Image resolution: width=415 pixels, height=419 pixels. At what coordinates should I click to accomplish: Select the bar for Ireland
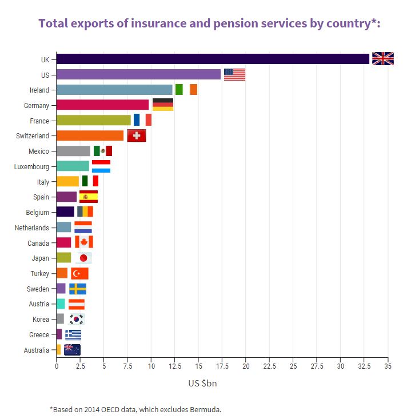click(x=114, y=90)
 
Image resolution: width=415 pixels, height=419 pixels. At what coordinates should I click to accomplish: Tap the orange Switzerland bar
click(x=90, y=135)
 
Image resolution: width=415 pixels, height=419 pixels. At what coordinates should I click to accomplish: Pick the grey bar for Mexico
click(x=73, y=151)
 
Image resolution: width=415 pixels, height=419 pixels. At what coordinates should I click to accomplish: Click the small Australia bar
click(x=58, y=349)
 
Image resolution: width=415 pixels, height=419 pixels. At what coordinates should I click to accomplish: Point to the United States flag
click(x=234, y=74)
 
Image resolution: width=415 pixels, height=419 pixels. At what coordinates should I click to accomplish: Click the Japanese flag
click(x=83, y=258)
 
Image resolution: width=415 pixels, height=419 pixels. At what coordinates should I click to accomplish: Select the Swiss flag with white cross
click(x=136, y=135)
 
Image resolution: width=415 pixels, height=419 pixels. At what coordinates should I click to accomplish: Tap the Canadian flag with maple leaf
click(x=83, y=242)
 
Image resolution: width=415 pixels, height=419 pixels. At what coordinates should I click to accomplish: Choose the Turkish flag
click(x=79, y=273)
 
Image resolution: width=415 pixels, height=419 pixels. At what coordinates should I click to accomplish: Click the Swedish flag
click(x=78, y=289)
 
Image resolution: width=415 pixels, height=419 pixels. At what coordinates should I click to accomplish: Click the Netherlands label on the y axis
click(x=31, y=228)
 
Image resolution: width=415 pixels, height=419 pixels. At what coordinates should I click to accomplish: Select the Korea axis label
click(x=41, y=319)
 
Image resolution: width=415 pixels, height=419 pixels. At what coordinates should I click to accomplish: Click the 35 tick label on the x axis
click(x=388, y=366)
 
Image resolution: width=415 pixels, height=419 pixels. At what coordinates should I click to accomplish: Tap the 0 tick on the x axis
click(x=57, y=366)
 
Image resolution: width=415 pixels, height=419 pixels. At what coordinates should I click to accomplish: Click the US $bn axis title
click(x=202, y=384)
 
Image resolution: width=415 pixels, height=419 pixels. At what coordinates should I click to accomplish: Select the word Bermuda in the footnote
click(x=204, y=409)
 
